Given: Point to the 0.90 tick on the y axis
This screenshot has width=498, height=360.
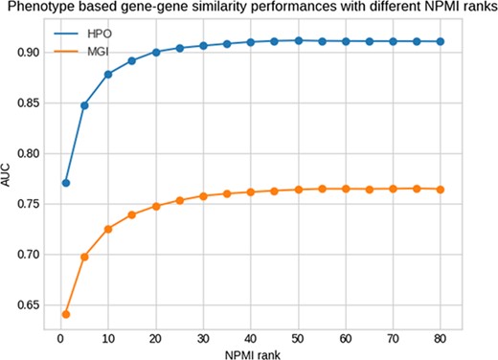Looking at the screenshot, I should coord(28,52).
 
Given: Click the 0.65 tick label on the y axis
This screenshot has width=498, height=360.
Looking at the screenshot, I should coord(28,304).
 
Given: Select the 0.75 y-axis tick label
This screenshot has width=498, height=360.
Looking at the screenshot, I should coord(28,203).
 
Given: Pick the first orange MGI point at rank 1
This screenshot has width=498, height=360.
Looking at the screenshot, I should coord(65,314).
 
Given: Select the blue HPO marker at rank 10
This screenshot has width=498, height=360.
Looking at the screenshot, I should coord(108,74).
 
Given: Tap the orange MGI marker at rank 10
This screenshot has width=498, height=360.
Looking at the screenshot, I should coord(108,229).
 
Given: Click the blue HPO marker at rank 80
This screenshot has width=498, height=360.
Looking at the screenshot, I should coord(440,41).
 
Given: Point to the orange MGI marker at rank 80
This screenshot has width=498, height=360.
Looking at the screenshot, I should coord(440,190).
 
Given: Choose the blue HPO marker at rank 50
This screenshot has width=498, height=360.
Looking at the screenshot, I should coord(298,40).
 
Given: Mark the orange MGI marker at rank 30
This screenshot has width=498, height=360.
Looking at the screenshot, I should coord(203,196).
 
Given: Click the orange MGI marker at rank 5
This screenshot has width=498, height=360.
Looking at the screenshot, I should coord(84,257).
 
